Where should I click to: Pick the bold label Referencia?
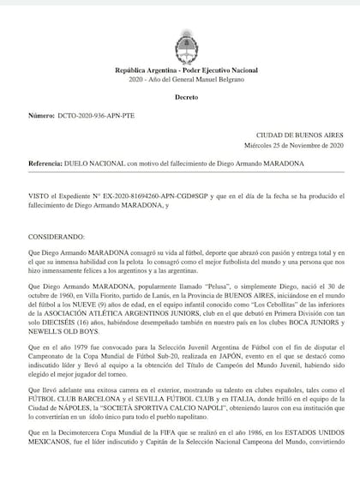(x=42, y=161)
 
